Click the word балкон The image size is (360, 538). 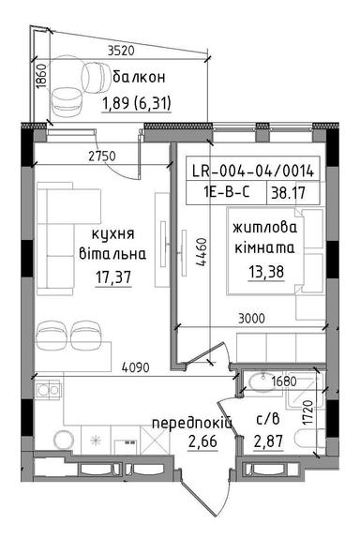click(x=138, y=78)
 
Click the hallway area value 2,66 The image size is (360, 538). click(x=185, y=445)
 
